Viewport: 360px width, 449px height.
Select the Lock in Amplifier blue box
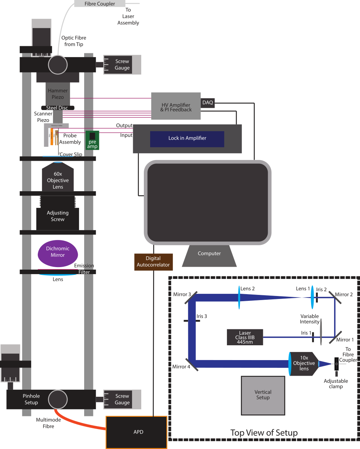pyautogui.click(x=187, y=139)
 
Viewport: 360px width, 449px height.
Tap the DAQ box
pyautogui.click(x=208, y=103)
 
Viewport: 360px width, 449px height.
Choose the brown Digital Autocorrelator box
pyautogui.click(x=153, y=262)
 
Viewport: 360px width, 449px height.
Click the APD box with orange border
pyautogui.click(x=136, y=432)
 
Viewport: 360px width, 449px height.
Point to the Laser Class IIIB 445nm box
pyautogui.click(x=245, y=337)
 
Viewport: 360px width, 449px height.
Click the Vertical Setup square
pyautogui.click(x=263, y=395)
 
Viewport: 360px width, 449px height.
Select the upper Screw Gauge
pyautogui.click(x=122, y=65)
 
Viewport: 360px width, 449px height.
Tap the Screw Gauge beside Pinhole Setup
pyautogui.click(x=122, y=399)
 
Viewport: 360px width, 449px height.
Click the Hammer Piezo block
pyautogui.click(x=58, y=94)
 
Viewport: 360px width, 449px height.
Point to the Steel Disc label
pyautogui.click(x=57, y=108)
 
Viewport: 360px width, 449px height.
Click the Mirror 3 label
pyautogui.click(x=182, y=295)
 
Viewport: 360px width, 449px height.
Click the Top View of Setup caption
pyautogui.click(x=264, y=433)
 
